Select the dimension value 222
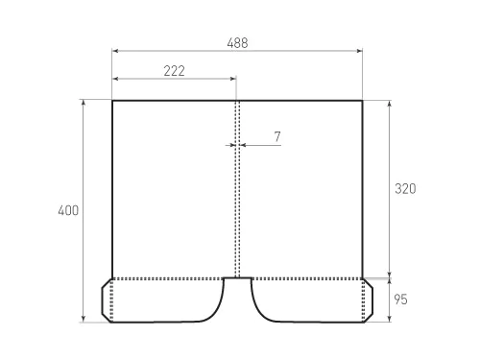(174, 71)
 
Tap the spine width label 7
(276, 137)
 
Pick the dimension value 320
(404, 189)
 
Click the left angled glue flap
(108, 300)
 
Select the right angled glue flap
(367, 300)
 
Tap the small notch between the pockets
(237, 280)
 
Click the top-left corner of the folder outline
(112, 100)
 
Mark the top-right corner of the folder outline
(362, 100)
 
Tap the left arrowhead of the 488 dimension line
(114, 50)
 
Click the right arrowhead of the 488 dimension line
(360, 50)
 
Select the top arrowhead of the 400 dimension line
(84, 102)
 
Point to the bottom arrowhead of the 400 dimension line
(84, 320)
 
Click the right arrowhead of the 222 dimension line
(234, 79)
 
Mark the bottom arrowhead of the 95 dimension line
(389, 320)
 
